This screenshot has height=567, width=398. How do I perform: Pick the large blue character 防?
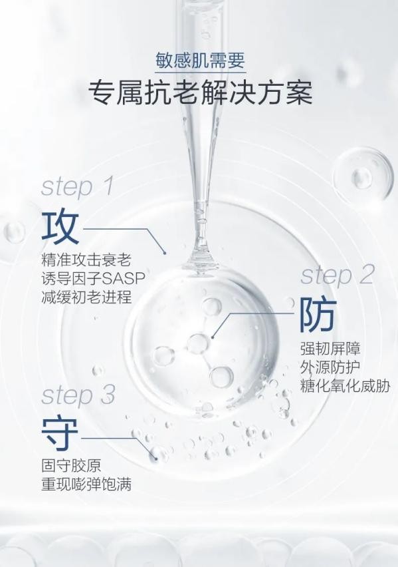pyautogui.click(x=318, y=315)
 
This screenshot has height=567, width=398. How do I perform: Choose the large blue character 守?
pyautogui.click(x=60, y=435)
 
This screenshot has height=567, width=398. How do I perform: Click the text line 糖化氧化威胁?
pyautogui.click(x=345, y=386)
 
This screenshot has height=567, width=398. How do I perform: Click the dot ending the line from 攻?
pyautogui.click(x=165, y=252)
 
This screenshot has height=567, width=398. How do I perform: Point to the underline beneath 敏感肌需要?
pyautogui.click(x=199, y=72)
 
